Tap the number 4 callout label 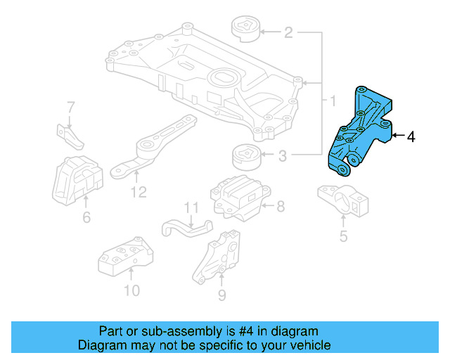coord(411,137)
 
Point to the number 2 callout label coord(288,32)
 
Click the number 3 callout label coord(282,155)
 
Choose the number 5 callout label coord(343,236)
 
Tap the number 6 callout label coord(86,218)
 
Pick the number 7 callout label coord(70,108)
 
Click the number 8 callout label coord(280,207)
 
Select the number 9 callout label coord(221,295)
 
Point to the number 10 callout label coord(131,290)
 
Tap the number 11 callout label coord(192,207)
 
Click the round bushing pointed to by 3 coord(246,154)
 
